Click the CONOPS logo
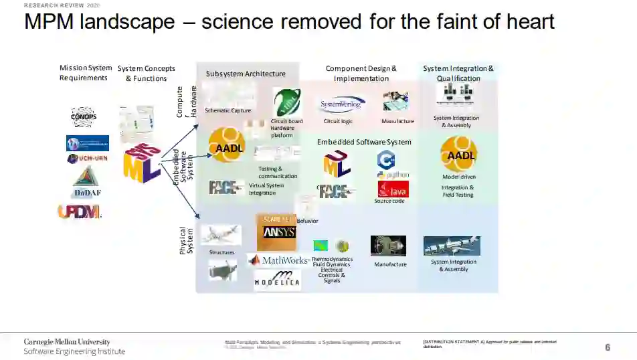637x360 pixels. click(84, 116)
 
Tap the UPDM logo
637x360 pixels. click(79, 211)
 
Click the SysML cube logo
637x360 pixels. click(141, 163)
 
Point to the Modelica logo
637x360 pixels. click(277, 280)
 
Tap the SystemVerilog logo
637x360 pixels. click(341, 104)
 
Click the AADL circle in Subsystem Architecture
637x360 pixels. click(226, 145)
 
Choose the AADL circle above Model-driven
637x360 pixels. click(458, 154)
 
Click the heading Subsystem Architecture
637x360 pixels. click(246, 74)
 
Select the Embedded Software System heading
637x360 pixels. click(364, 142)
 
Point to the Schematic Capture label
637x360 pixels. click(227, 110)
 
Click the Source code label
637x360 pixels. click(389, 201)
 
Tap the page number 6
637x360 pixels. click(608, 347)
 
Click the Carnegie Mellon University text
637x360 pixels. click(67, 342)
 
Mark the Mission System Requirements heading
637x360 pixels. click(86, 73)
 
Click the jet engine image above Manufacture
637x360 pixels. click(388, 246)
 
